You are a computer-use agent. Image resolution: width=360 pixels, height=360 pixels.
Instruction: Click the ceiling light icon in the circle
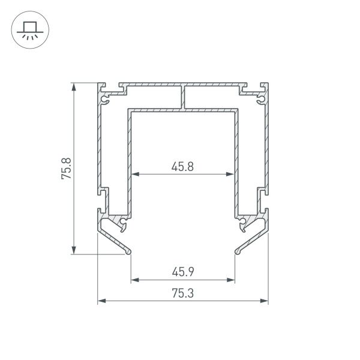click(x=28, y=29)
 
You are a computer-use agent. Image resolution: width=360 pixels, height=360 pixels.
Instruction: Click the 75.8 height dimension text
click(x=67, y=169)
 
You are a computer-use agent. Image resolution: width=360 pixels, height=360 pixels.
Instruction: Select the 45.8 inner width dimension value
click(x=182, y=167)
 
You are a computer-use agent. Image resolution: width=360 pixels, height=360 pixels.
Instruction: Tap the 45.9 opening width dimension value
click(x=182, y=272)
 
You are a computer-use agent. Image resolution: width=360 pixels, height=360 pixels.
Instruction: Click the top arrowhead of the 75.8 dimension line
click(x=74, y=86)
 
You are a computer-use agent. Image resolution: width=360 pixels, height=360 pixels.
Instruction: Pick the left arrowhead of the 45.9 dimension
click(x=134, y=280)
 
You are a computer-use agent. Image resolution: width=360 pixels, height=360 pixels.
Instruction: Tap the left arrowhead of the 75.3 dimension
click(x=101, y=301)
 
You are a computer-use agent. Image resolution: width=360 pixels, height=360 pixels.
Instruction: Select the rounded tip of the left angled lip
click(x=129, y=251)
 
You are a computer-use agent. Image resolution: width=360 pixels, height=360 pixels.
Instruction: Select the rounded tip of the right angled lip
click(x=236, y=251)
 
